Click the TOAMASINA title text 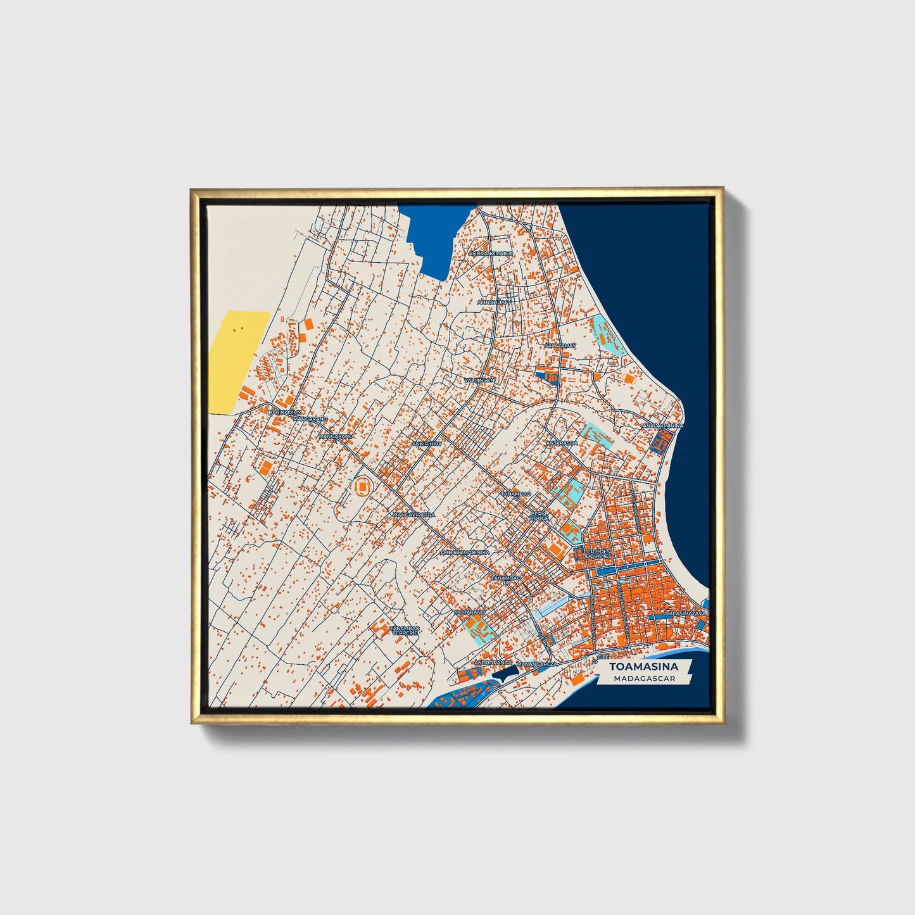coord(643,666)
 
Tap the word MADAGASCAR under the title coord(643,678)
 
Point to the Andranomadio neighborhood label coord(491,253)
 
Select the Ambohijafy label coord(494,303)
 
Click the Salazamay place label coord(560,346)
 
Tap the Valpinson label coord(480,380)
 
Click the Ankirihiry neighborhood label coord(426,444)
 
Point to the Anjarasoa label coord(562,443)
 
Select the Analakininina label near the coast coord(663,426)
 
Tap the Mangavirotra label coord(414,515)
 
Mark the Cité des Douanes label coord(599,553)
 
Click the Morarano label coord(469,612)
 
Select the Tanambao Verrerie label coord(405,630)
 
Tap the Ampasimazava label coord(685,614)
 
